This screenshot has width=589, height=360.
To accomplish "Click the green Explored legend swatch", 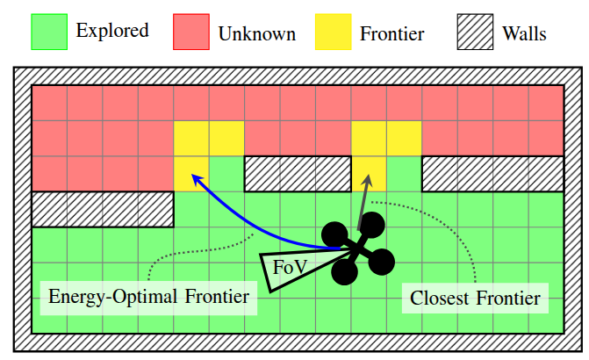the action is pos(49,32).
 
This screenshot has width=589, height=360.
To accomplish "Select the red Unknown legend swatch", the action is pos(191,32).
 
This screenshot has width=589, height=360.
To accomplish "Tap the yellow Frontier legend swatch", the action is pos(334,32).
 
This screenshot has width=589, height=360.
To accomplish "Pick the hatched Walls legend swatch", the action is pos(475,32).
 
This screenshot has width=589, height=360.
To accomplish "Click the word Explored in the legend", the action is pos(112,31).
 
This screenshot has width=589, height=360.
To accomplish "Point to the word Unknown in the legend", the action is pos(257,34).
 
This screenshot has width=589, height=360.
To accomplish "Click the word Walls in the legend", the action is pos(524,33).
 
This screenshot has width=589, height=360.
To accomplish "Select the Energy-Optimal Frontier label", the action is pos(148,298).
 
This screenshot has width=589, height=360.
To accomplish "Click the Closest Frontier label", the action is pos(475,299).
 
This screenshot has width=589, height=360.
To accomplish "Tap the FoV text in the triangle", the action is pos(290,267).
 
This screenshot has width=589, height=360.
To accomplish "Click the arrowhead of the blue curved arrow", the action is pos(197,178).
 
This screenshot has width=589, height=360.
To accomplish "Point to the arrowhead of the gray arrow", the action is pos(368,180).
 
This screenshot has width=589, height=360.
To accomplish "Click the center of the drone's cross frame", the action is pos(358,248).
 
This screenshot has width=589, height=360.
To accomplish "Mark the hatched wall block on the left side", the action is pos(103,209).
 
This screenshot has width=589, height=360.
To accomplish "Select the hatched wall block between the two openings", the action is pos(298,174).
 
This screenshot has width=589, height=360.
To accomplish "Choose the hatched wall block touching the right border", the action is pos(492,174).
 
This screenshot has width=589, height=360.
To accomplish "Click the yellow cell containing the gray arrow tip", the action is pos(369,174).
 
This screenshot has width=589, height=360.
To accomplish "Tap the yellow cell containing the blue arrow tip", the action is pos(191,174).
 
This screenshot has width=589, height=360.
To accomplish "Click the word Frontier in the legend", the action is pos(392,34).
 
